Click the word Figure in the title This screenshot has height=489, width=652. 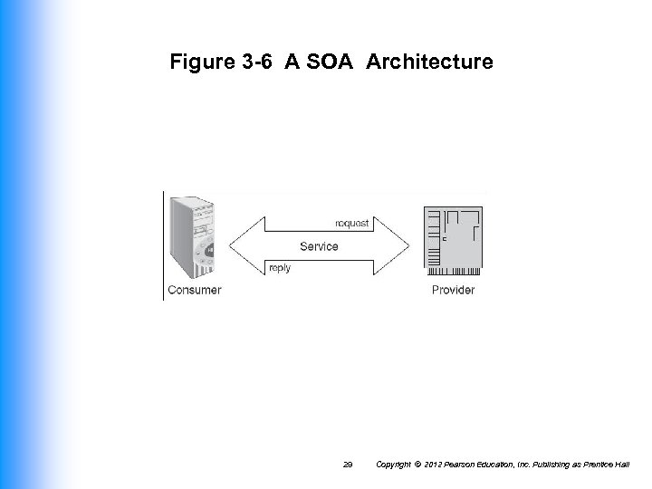199,62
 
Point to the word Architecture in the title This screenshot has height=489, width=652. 430,62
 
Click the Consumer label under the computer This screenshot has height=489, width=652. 194,290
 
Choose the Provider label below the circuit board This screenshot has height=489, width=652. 453,290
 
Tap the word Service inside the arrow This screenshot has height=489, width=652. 319,246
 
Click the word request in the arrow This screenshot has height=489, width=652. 352,223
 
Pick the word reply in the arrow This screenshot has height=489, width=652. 281,268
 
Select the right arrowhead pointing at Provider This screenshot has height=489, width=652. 396,245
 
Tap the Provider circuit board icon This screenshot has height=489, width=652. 454,240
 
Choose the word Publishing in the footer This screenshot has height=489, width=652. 558,464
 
